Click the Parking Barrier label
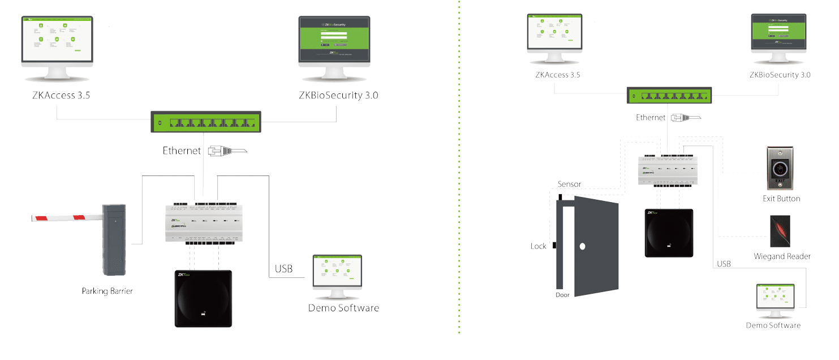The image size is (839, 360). pyautogui.click(x=107, y=291)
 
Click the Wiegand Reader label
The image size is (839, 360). pyautogui.click(x=782, y=256)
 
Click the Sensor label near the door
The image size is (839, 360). pyautogui.click(x=569, y=184)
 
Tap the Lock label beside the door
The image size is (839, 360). pyautogui.click(x=539, y=246)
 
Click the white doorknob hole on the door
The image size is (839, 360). pyautogui.click(x=582, y=247)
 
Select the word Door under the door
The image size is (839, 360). pyautogui.click(x=562, y=295)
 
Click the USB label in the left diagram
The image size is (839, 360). pyautogui.click(x=283, y=269)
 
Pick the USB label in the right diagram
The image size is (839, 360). pyautogui.click(x=724, y=264)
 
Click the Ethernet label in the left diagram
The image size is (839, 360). pyautogui.click(x=182, y=151)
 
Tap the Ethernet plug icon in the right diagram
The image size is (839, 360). pyautogui.click(x=685, y=118)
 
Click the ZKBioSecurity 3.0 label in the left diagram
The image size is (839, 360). pyautogui.click(x=338, y=95)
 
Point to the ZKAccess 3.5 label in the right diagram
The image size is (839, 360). pyautogui.click(x=558, y=75)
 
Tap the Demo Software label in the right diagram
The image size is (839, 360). pyautogui.click(x=773, y=325)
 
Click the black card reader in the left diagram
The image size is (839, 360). pyautogui.click(x=204, y=298)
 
